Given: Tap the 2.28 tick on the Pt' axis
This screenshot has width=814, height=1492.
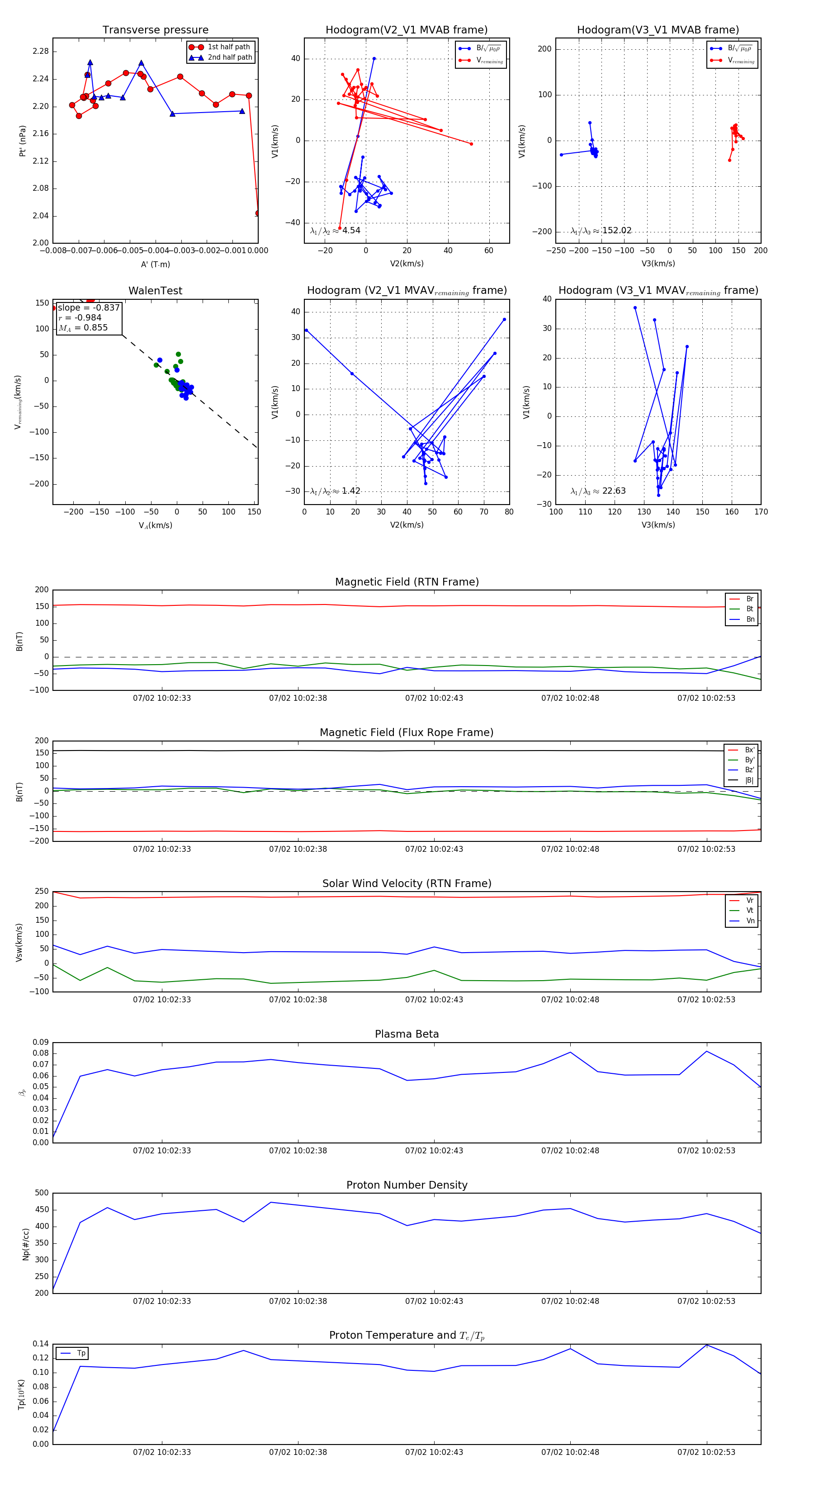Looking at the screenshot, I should tap(41, 52).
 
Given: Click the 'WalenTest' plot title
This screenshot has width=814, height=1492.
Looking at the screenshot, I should tap(155, 291).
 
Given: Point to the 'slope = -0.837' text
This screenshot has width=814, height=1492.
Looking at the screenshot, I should tap(89, 307).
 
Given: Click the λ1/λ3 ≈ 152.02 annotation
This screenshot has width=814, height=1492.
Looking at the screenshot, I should tap(601, 231).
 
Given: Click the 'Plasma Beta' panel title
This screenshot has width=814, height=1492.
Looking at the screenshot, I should tap(407, 1034).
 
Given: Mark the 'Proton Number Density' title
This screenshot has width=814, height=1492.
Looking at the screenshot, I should tap(407, 1185).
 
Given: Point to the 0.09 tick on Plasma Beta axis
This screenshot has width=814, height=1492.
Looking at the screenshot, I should tap(41, 1042).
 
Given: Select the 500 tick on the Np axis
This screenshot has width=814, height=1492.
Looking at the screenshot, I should tap(42, 1193).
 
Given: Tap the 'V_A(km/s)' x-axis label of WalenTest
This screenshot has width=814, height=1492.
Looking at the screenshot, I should tap(155, 525).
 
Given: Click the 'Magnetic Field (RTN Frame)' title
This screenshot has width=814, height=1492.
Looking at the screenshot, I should tap(407, 582).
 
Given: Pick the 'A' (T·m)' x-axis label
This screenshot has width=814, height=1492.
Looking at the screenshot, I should tap(155, 264).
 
